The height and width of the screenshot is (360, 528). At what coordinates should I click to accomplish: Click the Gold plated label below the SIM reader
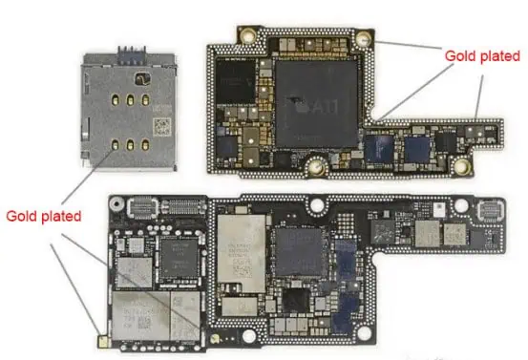coord(43,216)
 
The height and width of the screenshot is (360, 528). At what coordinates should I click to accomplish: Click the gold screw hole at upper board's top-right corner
coord(364,39)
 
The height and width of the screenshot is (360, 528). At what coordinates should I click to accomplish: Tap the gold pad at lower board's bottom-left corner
coord(102,338)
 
